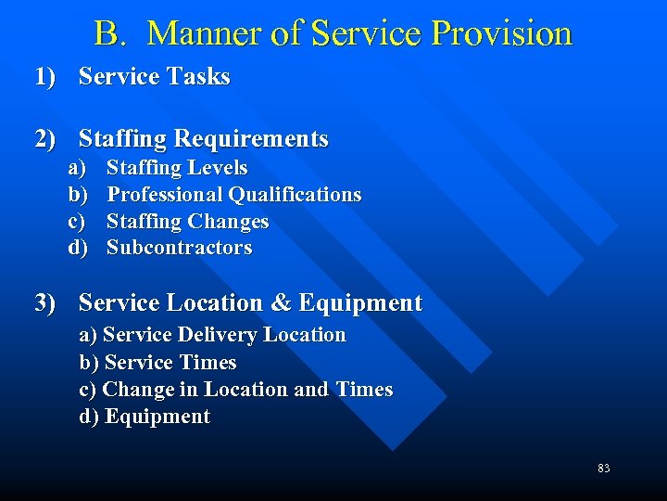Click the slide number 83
(x=603, y=469)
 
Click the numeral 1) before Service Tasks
(x=45, y=77)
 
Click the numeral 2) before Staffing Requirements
(x=45, y=139)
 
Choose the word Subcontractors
(x=179, y=248)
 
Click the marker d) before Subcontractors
(x=77, y=248)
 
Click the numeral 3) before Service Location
(x=45, y=303)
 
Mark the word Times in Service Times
(x=210, y=363)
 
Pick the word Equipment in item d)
(x=157, y=417)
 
